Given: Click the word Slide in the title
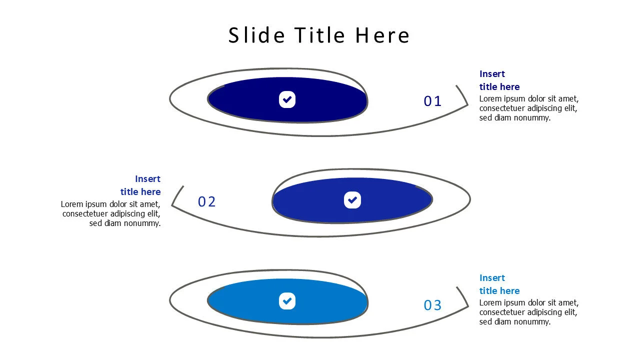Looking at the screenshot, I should point(256,35).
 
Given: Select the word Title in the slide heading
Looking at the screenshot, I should point(319,35).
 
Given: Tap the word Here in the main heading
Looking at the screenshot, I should point(382,35).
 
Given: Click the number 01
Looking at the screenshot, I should point(432,101).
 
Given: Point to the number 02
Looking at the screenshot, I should point(206,202).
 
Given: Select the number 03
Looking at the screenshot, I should point(432,305).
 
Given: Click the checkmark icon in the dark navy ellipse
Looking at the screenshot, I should point(287,99).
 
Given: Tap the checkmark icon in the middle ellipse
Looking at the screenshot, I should point(352,200).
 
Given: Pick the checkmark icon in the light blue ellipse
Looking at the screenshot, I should point(287,301).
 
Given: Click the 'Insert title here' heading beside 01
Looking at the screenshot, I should point(499,80).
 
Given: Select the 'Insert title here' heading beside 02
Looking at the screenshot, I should point(140,185).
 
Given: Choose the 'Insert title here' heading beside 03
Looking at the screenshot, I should point(499,284).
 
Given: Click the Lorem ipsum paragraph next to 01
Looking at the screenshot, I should point(528,108).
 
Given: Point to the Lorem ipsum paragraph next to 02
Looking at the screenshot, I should point(111,213).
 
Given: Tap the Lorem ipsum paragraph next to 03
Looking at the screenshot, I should point(528,312).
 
